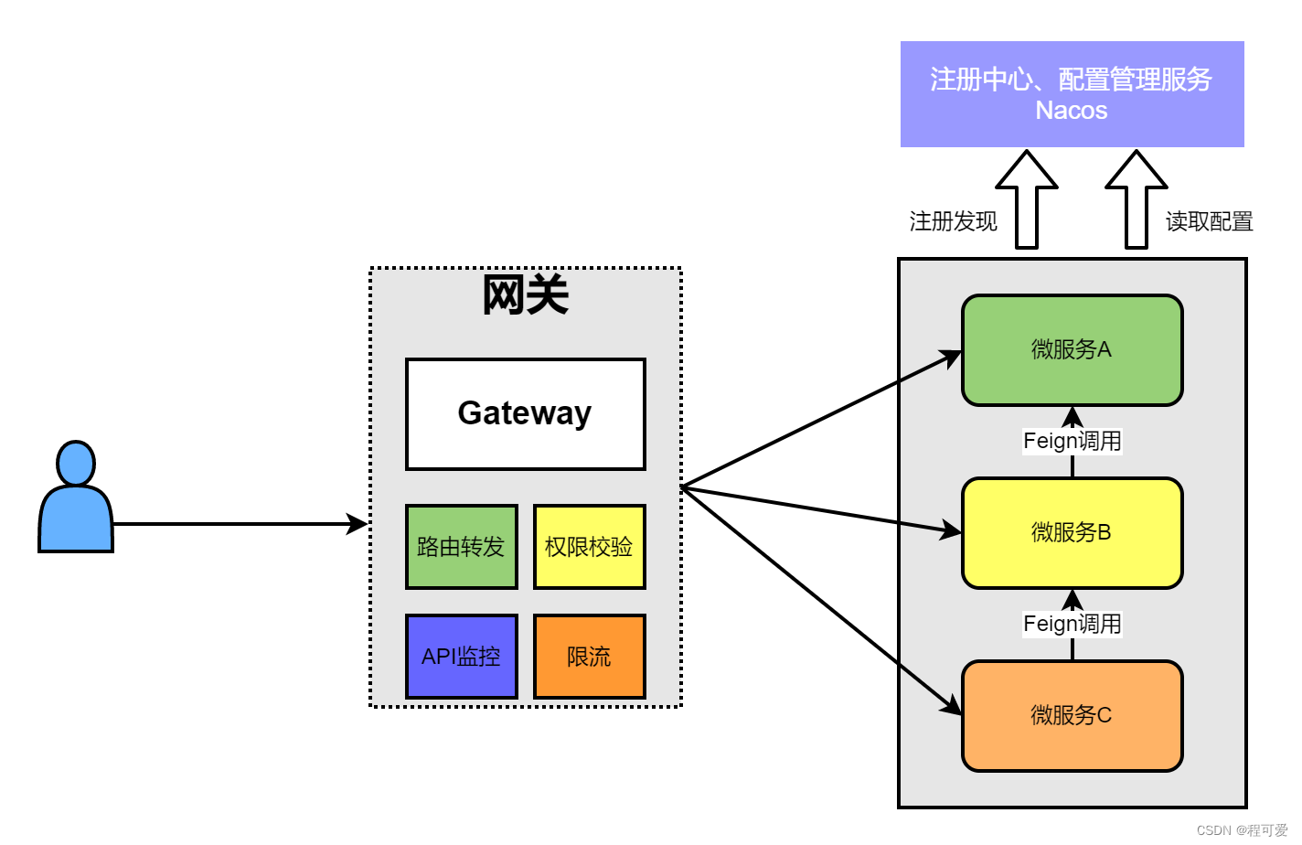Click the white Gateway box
coord(525,413)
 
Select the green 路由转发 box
coord(461,547)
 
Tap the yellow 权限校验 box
coord(589,547)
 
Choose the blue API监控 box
coord(461,657)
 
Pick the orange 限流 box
coord(589,657)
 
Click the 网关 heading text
coord(525,295)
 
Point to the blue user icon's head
coord(76,464)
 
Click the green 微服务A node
coord(1072,350)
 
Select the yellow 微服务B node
coord(1072,533)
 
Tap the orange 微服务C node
coord(1072,716)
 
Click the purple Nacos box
coord(1072,94)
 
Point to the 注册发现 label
coord(953,221)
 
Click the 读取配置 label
coord(1209,221)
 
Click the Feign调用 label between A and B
coord(1072,441)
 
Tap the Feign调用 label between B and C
coord(1072,624)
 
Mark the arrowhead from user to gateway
coord(358,524)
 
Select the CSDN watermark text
coord(1241,830)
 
